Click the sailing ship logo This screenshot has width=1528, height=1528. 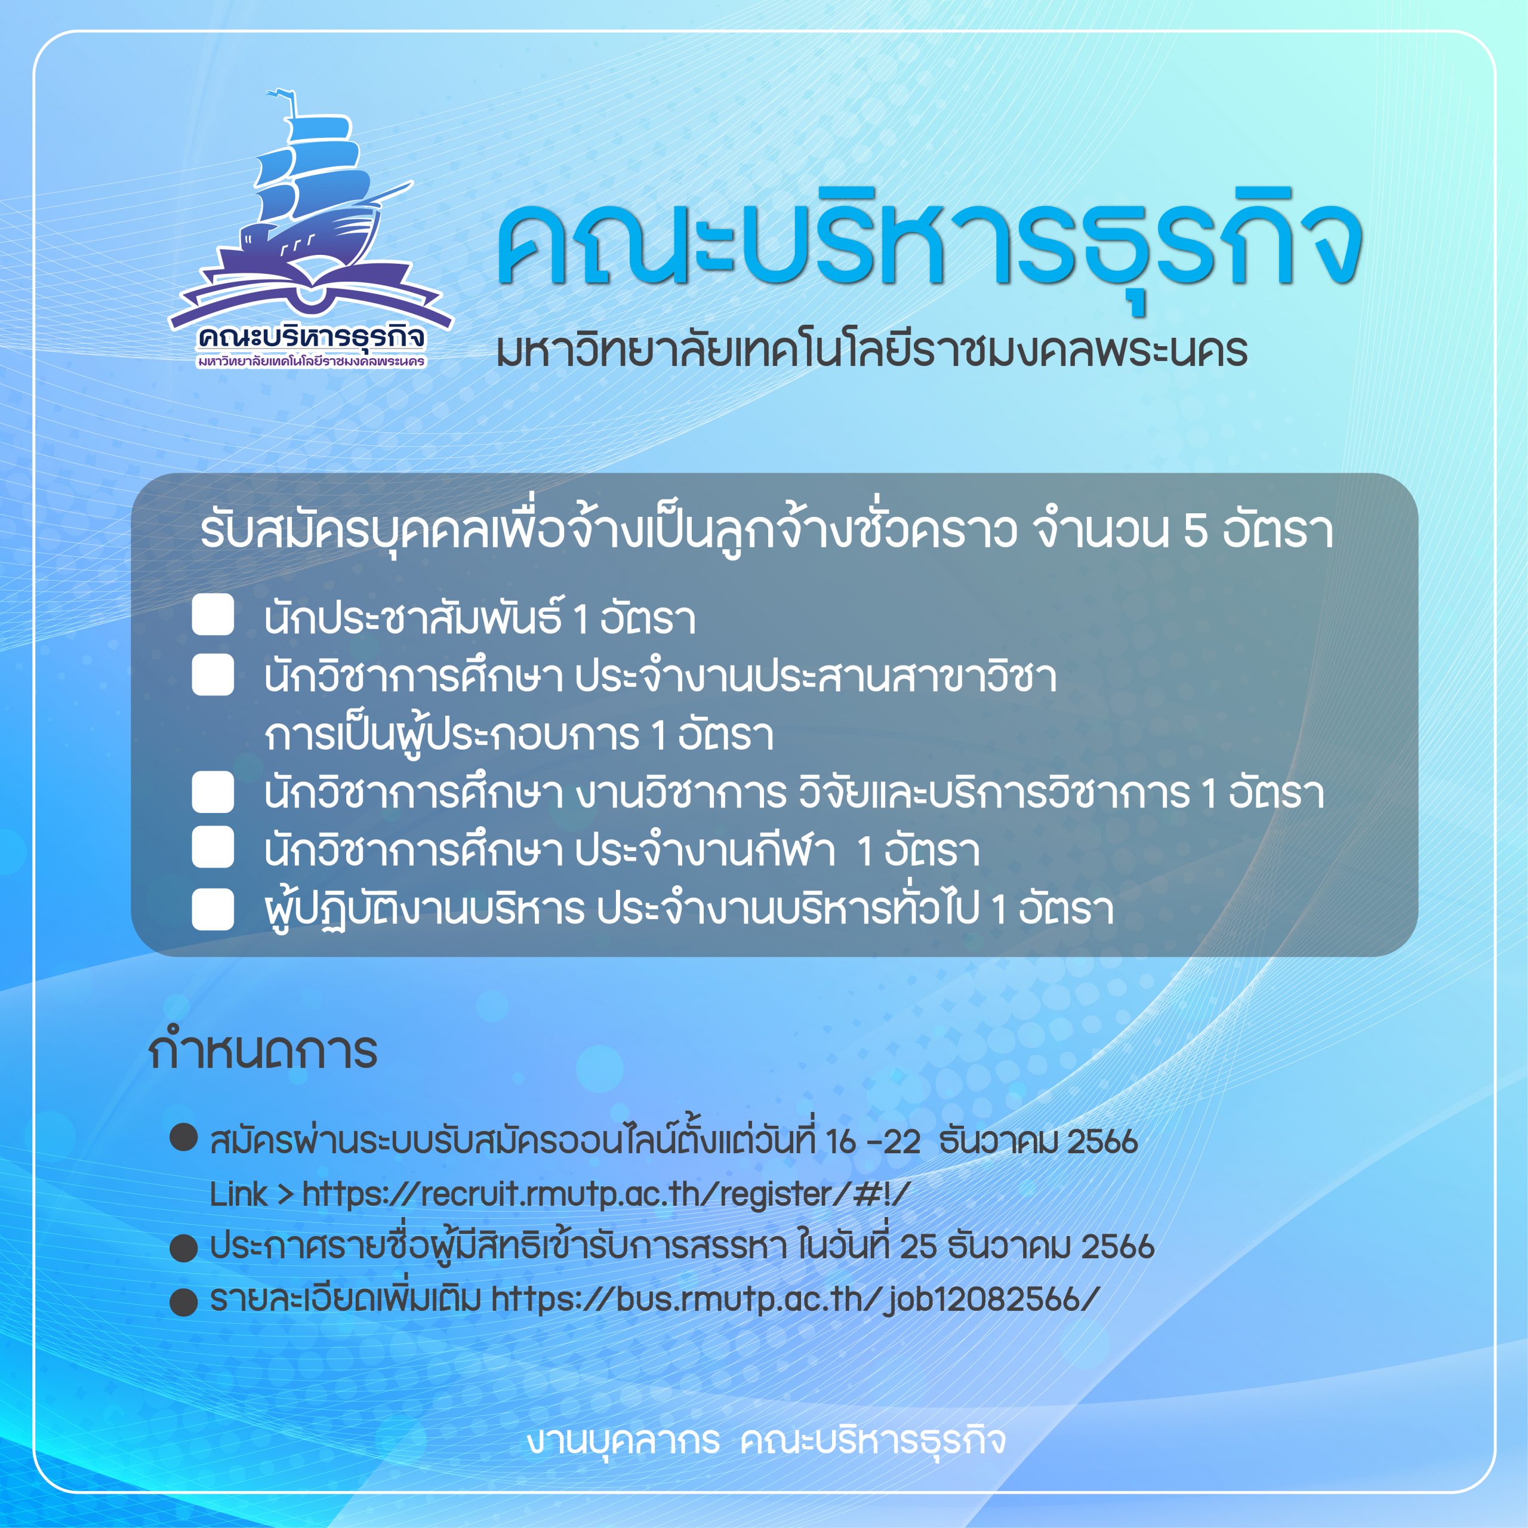(310, 229)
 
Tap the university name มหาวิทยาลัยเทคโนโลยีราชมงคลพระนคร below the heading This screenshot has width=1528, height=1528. (871, 350)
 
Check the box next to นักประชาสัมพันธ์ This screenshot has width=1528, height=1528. (212, 615)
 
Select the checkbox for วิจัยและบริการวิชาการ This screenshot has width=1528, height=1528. (212, 791)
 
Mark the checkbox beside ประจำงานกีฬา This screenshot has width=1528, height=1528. (212, 847)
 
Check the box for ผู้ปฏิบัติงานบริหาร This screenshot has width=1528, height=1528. (212, 908)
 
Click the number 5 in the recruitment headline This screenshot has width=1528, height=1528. (1195, 531)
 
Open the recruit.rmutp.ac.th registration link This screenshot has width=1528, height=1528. (606, 1194)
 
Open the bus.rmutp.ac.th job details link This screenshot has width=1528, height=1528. (795, 1299)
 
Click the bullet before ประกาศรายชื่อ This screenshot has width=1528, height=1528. (183, 1248)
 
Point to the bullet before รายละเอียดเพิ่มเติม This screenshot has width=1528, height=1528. (183, 1301)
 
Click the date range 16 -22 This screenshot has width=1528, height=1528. (873, 1141)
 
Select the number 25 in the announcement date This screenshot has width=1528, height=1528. (918, 1246)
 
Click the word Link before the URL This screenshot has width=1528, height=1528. (238, 1194)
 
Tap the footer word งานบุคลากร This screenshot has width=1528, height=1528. (623, 1440)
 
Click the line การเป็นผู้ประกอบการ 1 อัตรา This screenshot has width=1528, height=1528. (519, 735)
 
